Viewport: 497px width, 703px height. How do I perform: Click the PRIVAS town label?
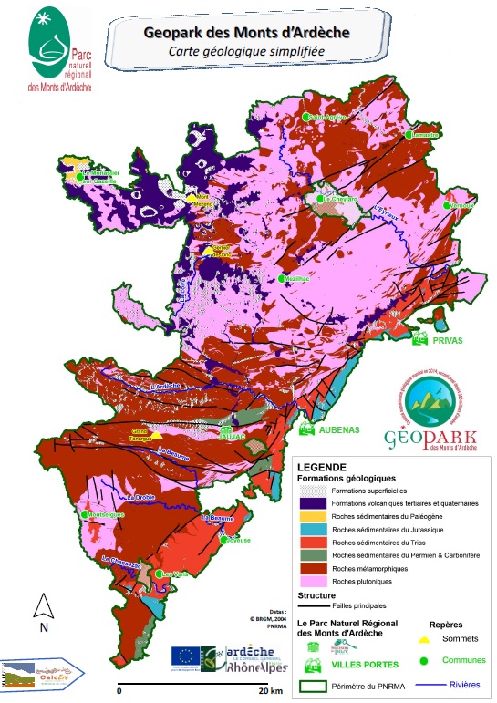coord(448,341)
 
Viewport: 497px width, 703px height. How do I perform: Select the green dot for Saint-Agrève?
coord(307,118)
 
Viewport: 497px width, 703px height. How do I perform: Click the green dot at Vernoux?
coord(447,206)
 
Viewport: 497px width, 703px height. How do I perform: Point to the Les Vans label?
coord(173,574)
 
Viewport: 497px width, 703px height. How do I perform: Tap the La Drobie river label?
coord(142,497)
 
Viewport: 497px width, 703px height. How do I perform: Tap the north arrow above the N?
coord(41,605)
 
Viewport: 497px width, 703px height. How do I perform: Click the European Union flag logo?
coord(184,656)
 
